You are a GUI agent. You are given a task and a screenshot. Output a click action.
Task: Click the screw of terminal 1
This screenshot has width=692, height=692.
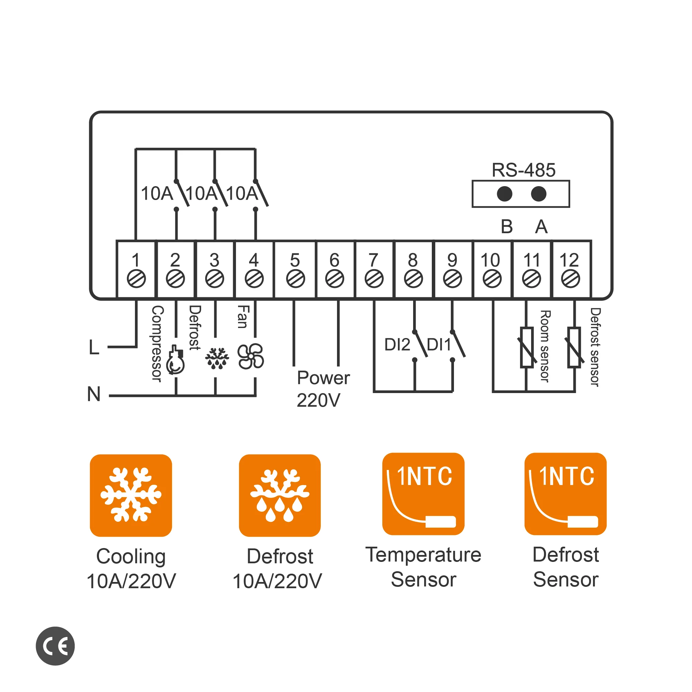(136, 279)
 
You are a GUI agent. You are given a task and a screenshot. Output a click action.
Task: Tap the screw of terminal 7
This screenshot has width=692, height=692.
(374, 279)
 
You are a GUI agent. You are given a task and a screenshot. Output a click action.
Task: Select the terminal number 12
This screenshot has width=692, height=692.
(569, 260)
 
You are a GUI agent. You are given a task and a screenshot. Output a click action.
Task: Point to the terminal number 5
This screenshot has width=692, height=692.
(295, 260)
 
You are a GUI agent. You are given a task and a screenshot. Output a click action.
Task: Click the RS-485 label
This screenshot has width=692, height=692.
(523, 170)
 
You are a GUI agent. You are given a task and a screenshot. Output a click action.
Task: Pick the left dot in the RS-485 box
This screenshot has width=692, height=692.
(504, 194)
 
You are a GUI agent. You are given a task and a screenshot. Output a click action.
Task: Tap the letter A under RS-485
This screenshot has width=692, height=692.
(541, 227)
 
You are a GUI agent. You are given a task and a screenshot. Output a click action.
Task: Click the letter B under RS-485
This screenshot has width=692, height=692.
(507, 227)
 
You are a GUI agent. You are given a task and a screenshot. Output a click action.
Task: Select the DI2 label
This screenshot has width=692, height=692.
(397, 345)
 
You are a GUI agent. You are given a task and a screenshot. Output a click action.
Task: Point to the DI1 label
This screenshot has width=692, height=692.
(439, 345)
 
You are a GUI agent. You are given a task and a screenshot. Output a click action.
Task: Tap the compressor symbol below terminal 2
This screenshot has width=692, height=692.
(175, 360)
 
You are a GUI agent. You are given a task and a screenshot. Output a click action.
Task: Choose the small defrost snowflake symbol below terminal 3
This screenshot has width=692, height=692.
(217, 358)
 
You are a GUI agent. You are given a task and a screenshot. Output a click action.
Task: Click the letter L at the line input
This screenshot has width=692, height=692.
(94, 347)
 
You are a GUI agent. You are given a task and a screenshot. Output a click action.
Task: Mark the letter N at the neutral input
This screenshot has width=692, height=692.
(94, 394)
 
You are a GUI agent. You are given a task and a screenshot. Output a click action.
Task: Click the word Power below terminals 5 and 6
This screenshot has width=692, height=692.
(324, 378)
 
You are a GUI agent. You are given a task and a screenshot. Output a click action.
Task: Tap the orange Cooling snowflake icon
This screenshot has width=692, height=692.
(131, 495)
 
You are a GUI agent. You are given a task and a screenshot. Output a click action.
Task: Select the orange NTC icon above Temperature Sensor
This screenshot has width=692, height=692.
(423, 494)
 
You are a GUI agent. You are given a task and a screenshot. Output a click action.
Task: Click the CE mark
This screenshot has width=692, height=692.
(55, 646)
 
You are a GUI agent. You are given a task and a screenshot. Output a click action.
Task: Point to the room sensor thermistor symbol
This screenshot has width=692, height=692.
(527, 347)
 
